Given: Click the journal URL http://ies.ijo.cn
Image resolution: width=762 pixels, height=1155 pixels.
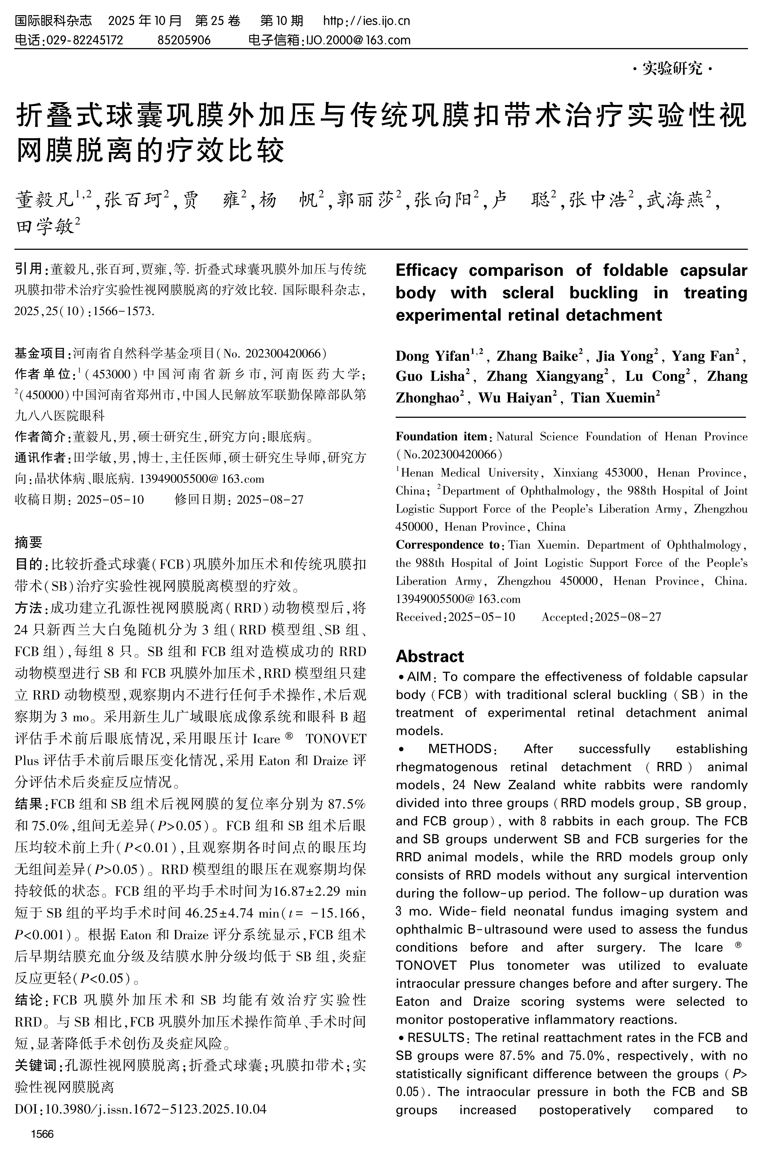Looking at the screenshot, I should point(366,21).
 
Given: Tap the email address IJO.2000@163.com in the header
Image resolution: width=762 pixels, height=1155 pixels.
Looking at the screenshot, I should point(357,40).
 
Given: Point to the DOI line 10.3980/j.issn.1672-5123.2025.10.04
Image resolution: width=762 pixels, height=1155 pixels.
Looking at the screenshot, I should point(141,1109).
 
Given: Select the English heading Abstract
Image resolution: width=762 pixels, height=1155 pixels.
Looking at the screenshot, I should point(430,657).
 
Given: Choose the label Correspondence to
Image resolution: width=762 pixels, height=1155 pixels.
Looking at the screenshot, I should point(447,545).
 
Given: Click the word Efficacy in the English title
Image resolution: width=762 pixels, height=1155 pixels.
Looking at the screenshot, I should point(426,270).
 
